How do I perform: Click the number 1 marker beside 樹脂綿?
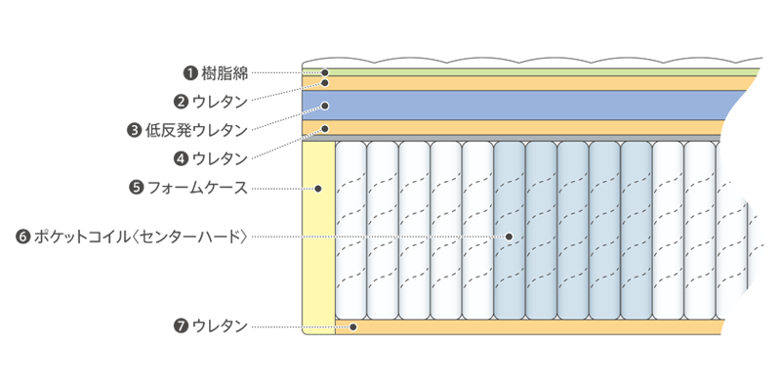191,72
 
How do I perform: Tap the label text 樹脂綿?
225,72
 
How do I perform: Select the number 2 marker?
181,101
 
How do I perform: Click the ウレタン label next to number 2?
220,101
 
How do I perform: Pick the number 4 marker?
181,157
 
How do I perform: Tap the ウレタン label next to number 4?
220,157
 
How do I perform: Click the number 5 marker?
137,187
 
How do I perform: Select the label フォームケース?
197,187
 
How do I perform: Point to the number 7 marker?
181,326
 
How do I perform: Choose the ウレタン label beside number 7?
220,326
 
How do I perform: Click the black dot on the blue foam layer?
326,105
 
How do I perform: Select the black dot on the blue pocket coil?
510,237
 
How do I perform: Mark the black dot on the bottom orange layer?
354,326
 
